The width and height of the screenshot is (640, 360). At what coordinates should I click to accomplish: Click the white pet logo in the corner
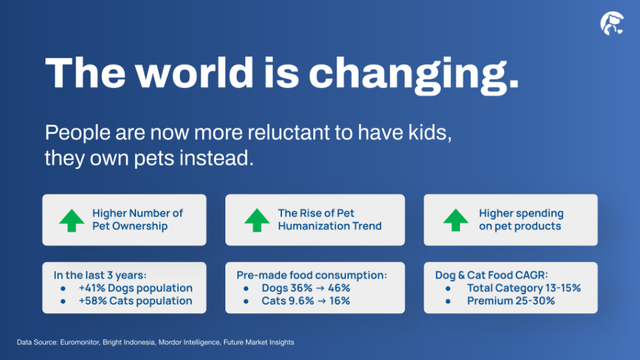[612, 23]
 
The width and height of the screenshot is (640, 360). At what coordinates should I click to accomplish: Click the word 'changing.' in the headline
[414, 74]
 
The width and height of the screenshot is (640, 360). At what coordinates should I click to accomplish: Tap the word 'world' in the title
[194, 72]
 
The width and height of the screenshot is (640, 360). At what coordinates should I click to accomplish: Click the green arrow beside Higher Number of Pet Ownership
[72, 220]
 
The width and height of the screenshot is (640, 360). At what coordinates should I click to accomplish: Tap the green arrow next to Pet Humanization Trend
[257, 220]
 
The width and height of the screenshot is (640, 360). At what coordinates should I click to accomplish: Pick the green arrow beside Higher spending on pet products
[456, 220]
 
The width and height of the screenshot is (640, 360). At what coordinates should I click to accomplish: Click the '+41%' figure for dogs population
[92, 288]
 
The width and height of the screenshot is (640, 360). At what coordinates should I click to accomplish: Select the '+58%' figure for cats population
[93, 301]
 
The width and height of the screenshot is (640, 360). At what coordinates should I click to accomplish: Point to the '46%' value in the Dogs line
[339, 288]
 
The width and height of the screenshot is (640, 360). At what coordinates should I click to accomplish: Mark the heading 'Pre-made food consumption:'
[311, 275]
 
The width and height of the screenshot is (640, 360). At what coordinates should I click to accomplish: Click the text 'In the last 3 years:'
[100, 275]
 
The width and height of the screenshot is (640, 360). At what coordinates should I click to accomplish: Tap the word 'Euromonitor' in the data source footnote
[79, 342]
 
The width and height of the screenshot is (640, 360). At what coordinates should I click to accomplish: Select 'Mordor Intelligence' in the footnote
[189, 342]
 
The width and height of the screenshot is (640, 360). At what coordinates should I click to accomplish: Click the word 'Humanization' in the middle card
[313, 226]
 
